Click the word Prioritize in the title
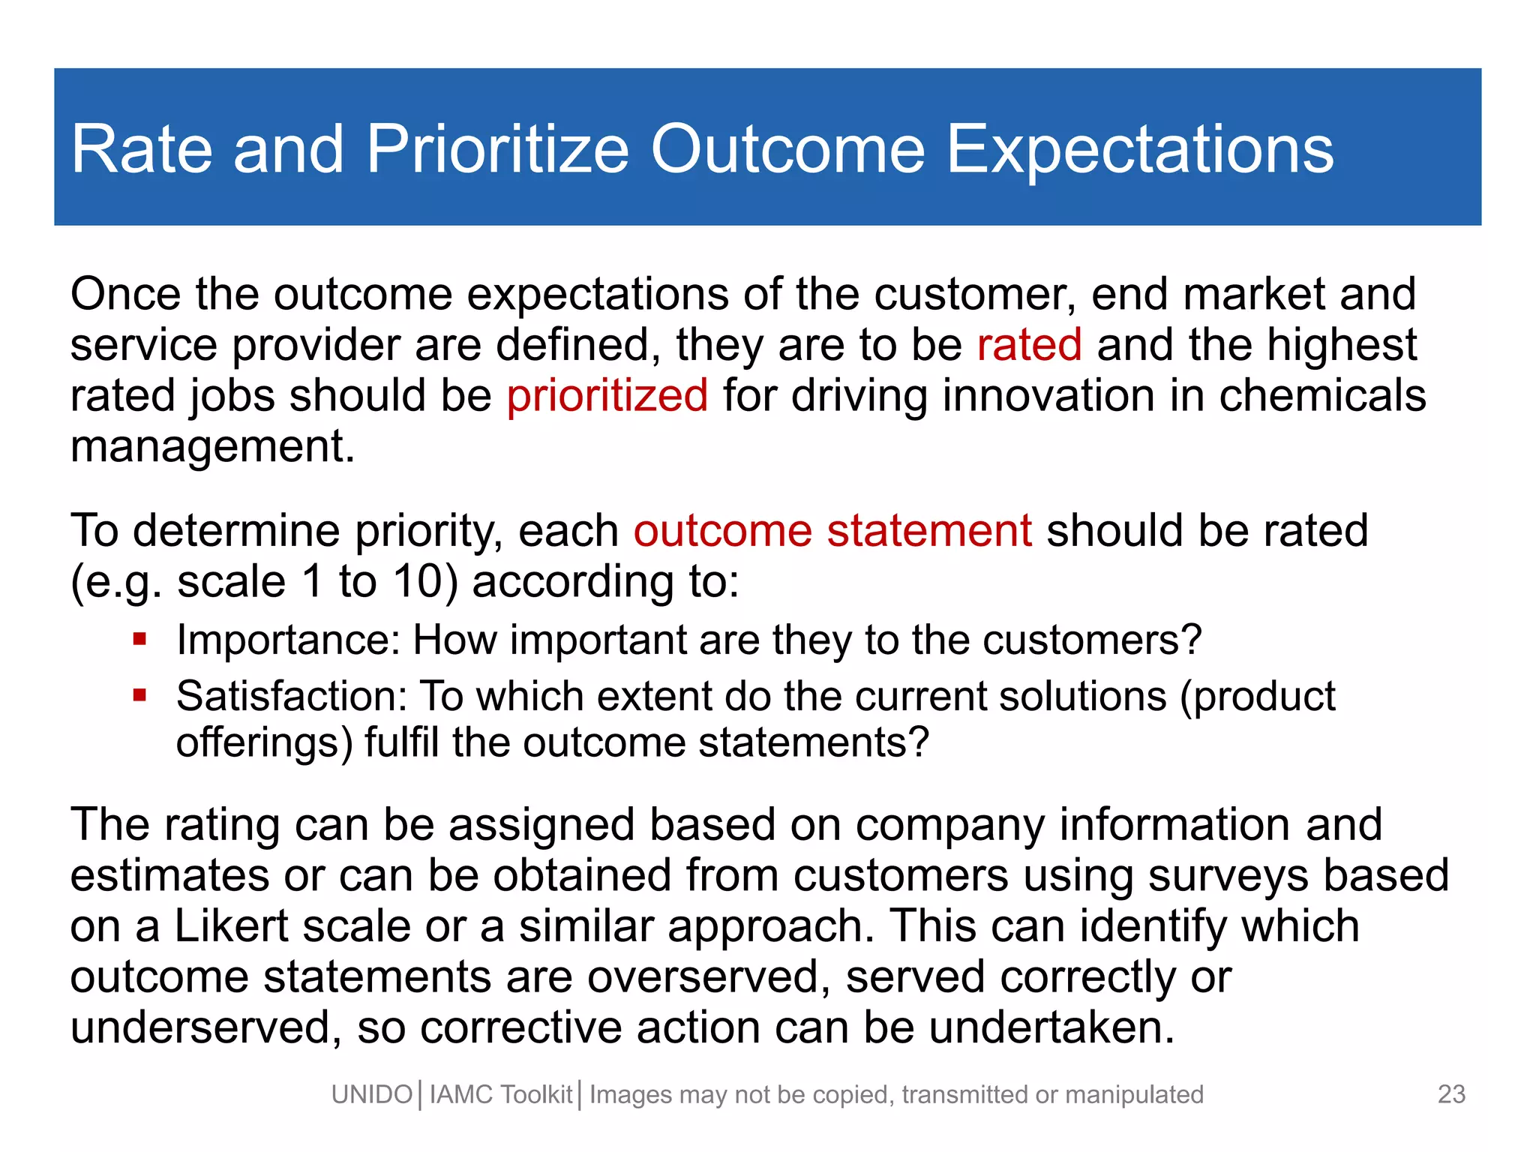497,149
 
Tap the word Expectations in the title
1139,149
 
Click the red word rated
1029,345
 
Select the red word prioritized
607,396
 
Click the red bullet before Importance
139,640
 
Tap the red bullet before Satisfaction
139,695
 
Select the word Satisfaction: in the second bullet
291,697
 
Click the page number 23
1451,1094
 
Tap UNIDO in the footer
372,1095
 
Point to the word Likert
232,926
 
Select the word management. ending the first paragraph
212,447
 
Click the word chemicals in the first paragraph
1322,396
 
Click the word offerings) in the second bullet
264,742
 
